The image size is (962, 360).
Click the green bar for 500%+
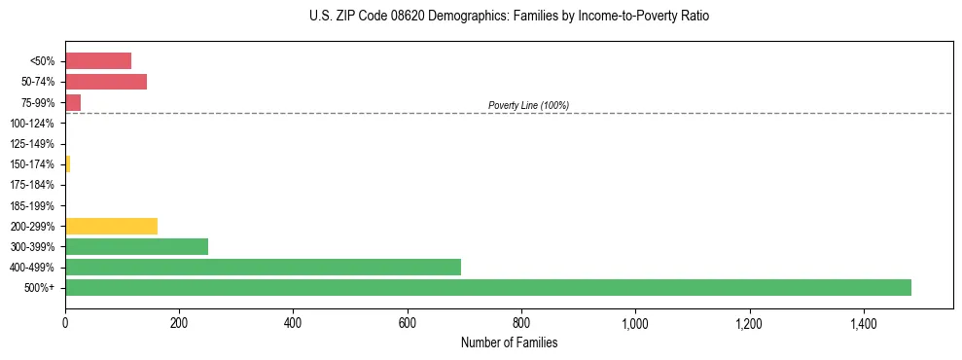(x=487, y=287)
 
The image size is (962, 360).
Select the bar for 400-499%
(x=263, y=267)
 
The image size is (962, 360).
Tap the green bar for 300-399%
(x=136, y=246)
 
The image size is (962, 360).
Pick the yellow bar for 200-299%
(x=111, y=226)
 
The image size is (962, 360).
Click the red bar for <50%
(x=98, y=61)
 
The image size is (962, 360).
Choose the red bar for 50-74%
(x=106, y=82)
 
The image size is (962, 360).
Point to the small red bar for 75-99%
(x=73, y=102)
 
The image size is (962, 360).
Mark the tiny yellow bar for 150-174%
(x=67, y=163)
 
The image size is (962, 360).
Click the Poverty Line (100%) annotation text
(x=528, y=105)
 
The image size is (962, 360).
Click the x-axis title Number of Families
(x=509, y=342)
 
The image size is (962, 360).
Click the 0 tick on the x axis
(x=65, y=321)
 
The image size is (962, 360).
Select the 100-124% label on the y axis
(x=32, y=124)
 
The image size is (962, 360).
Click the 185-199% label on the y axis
(x=32, y=205)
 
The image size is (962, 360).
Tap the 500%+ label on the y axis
(x=40, y=288)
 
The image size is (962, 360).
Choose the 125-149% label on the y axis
(x=32, y=144)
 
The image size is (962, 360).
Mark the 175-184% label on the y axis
(x=32, y=185)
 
